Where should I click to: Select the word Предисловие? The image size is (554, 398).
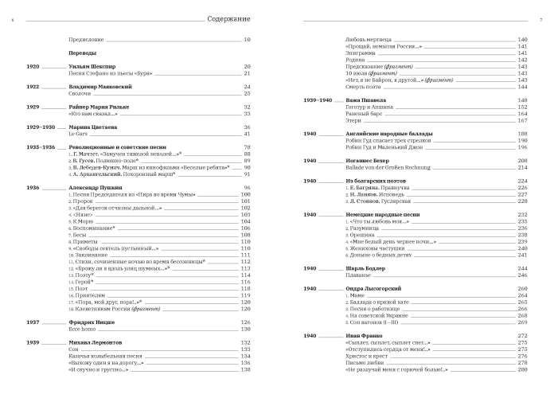coord(86,40)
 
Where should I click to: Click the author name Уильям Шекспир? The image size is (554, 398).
coord(92,66)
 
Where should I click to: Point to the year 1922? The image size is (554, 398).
coord(33,86)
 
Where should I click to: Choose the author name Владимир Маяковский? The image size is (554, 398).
coord(100,86)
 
